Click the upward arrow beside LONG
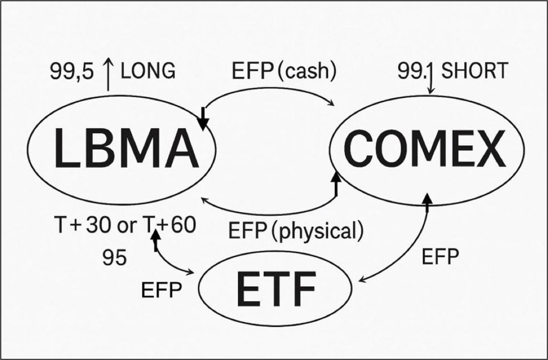(x=108, y=76)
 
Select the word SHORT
(x=475, y=71)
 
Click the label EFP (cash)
(x=285, y=72)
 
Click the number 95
(x=115, y=258)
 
